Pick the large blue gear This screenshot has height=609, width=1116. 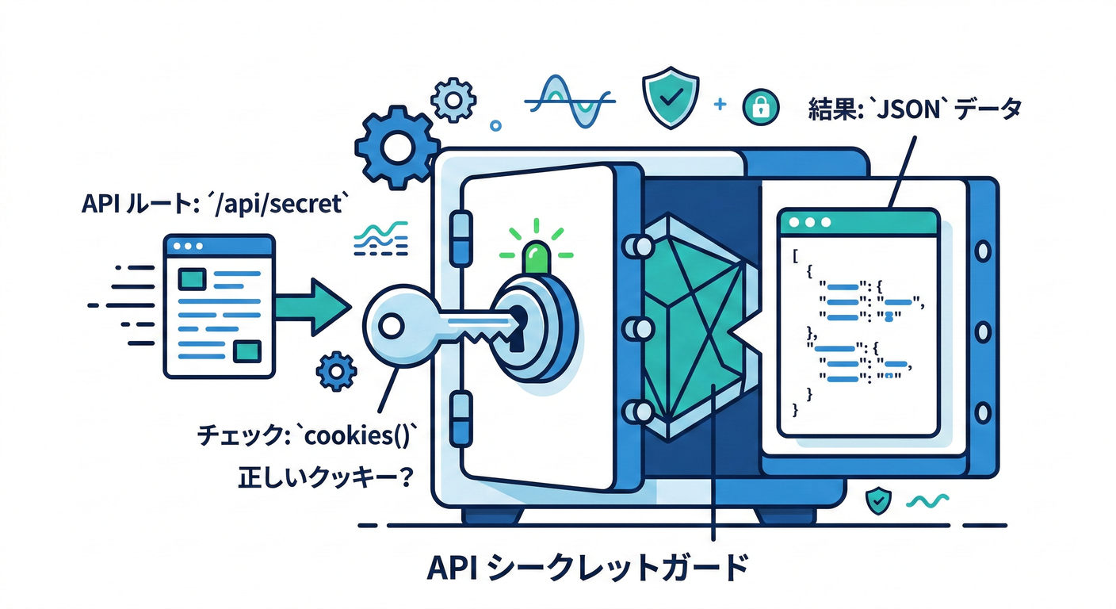point(397,147)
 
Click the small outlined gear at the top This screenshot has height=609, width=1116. point(454,99)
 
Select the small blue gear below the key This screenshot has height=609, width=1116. point(336,370)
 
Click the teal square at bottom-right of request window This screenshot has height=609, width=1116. point(250,349)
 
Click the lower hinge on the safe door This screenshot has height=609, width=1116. point(460,412)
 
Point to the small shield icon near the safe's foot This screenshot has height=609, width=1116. point(878,500)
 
